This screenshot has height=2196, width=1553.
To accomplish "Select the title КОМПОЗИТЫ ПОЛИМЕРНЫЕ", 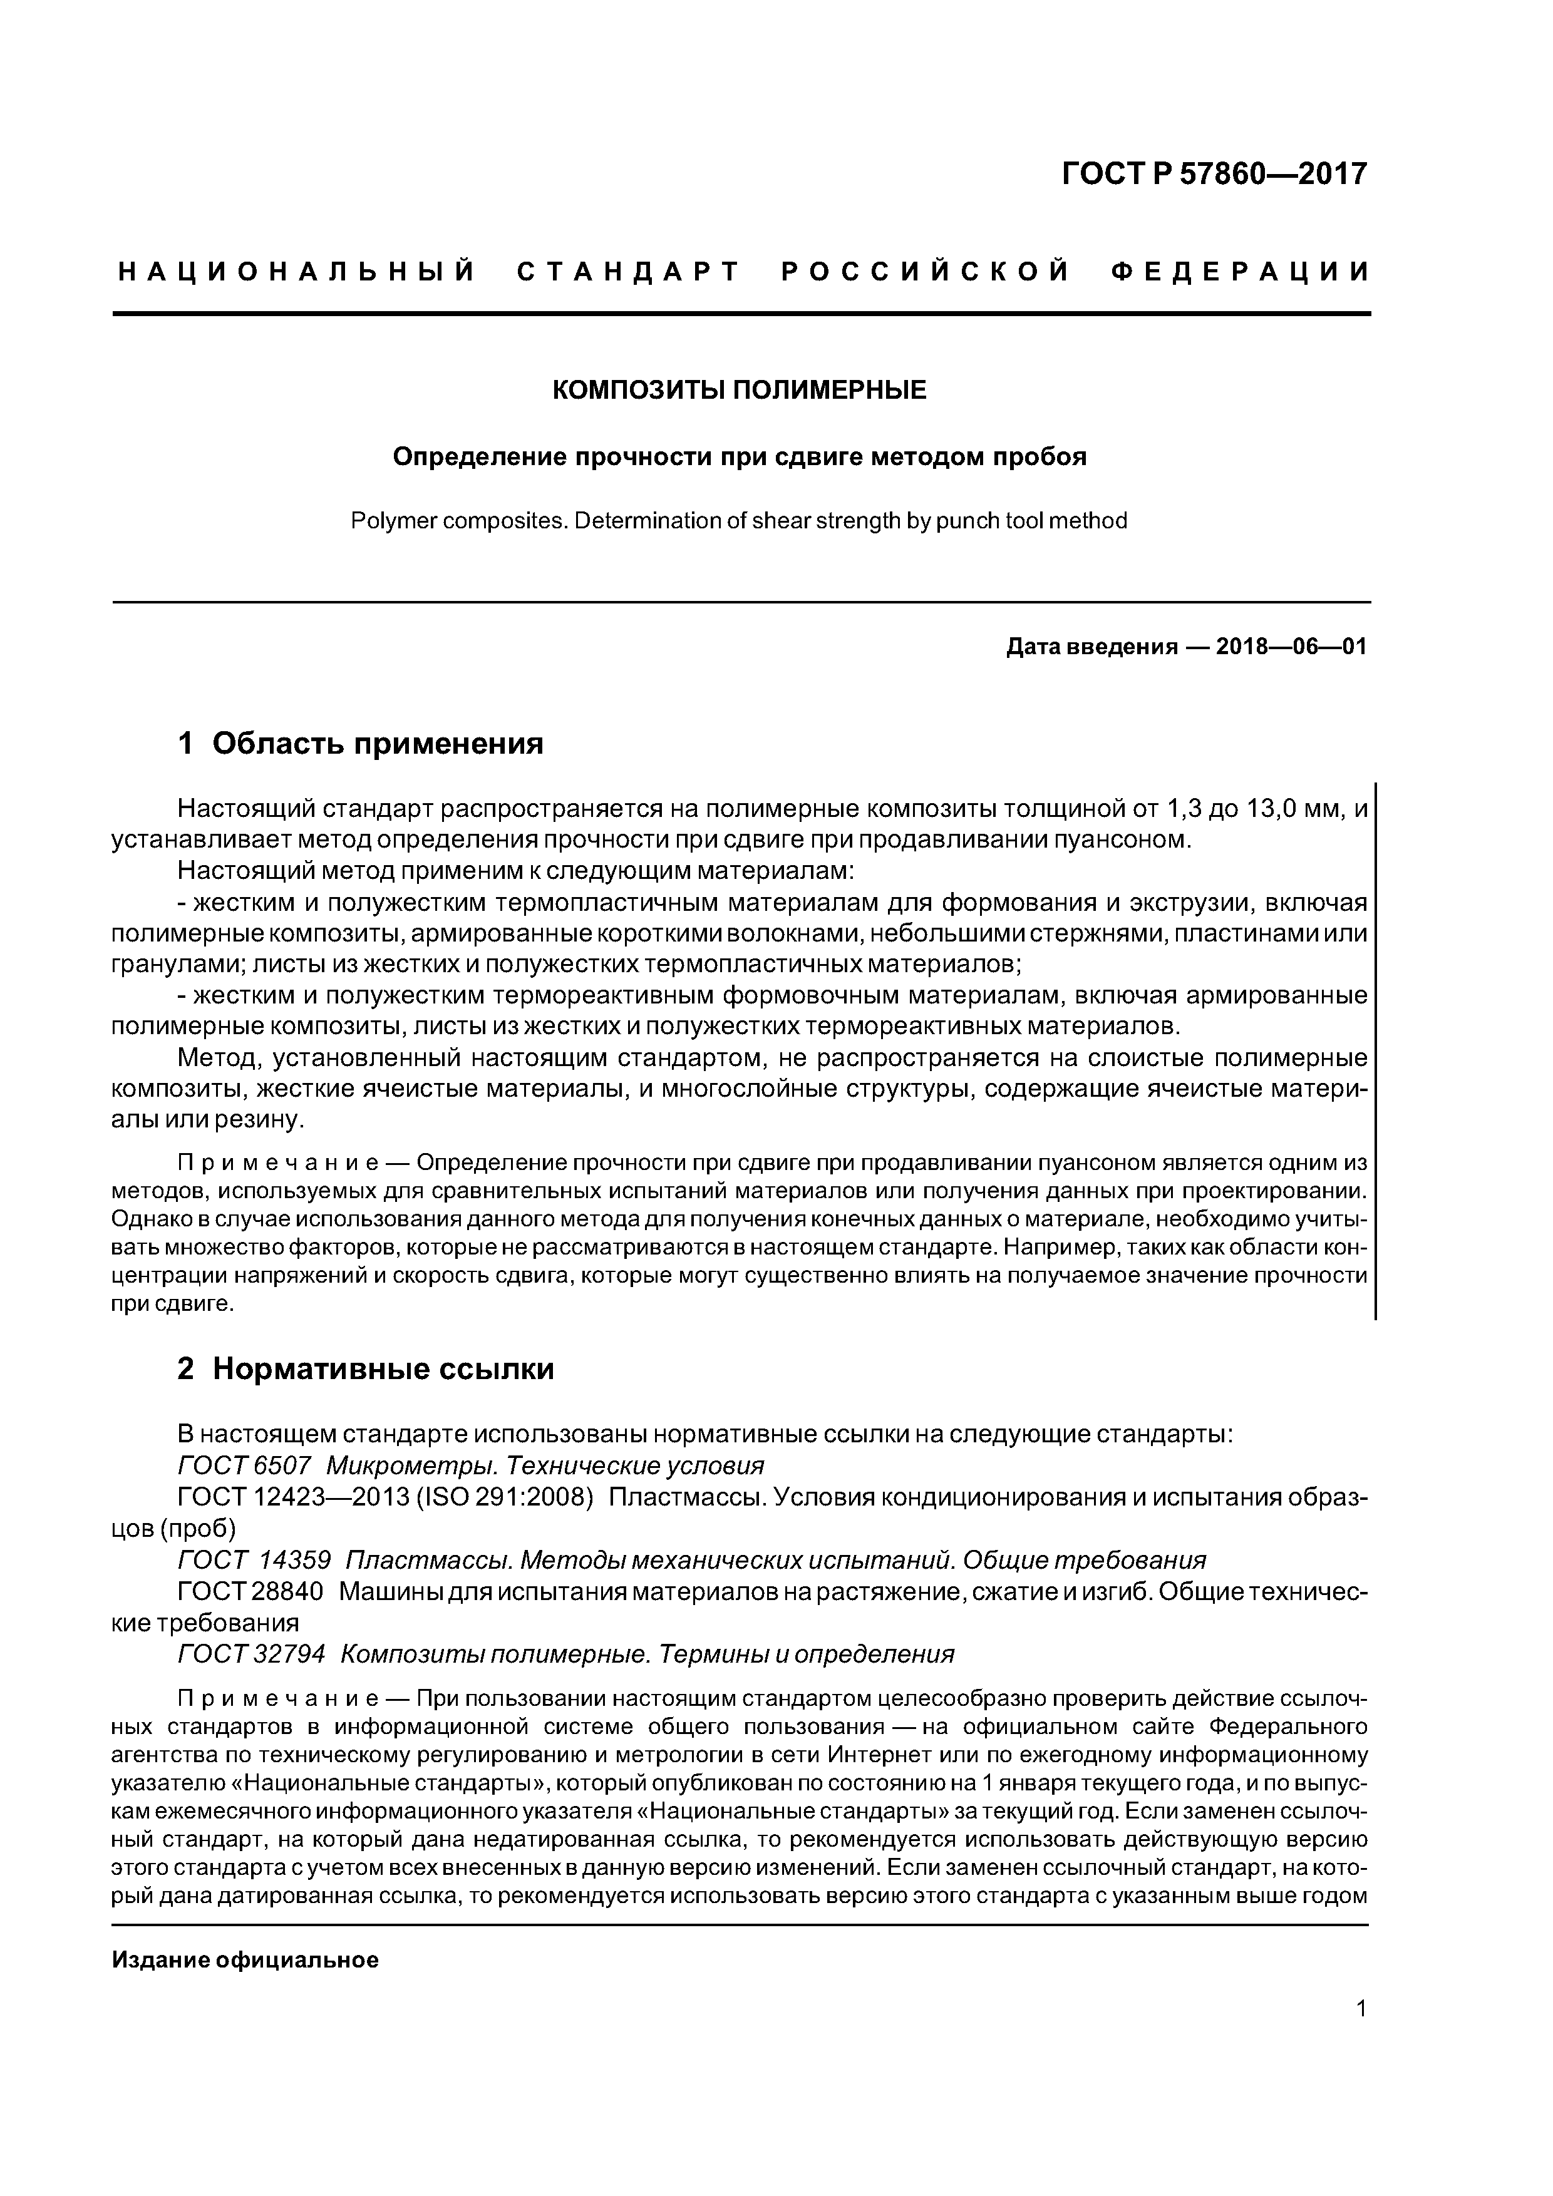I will point(740,390).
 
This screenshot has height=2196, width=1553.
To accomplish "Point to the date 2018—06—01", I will point(1291,647).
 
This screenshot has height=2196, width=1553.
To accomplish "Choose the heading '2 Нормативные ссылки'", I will point(366,1370).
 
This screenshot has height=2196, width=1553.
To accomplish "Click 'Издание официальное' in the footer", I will point(245,1961).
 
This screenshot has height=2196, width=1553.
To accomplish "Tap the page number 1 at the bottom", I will point(1361,2035).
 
